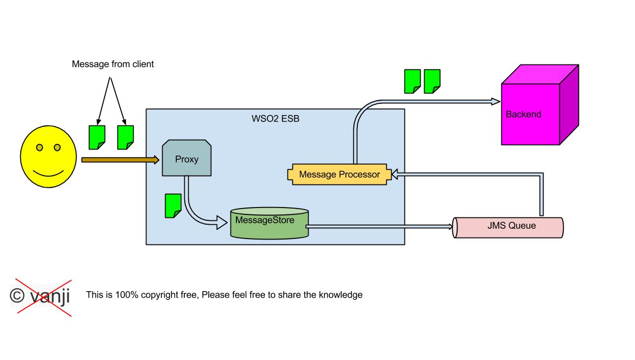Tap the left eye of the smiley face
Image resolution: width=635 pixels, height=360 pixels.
coord(39,148)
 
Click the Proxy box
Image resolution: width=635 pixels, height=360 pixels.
coord(187,159)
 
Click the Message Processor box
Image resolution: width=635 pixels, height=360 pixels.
coord(339,175)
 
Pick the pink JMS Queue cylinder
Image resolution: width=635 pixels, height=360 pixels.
coord(508,227)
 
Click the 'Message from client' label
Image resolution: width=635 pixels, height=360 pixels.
coord(113,64)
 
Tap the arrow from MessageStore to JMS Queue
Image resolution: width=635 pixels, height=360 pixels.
coord(378,227)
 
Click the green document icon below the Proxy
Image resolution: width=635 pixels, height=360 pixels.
coord(173,206)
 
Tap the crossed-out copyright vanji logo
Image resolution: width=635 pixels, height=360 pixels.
coord(40,296)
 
